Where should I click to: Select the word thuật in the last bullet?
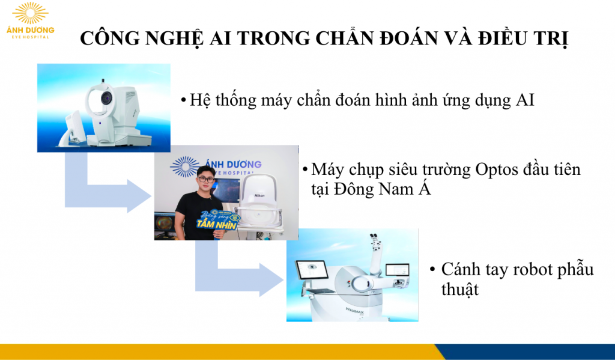click(459, 289)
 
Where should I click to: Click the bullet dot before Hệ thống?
click(184, 101)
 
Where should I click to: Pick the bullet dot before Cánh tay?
click(433, 269)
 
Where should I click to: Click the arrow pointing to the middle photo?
click(111, 186)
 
